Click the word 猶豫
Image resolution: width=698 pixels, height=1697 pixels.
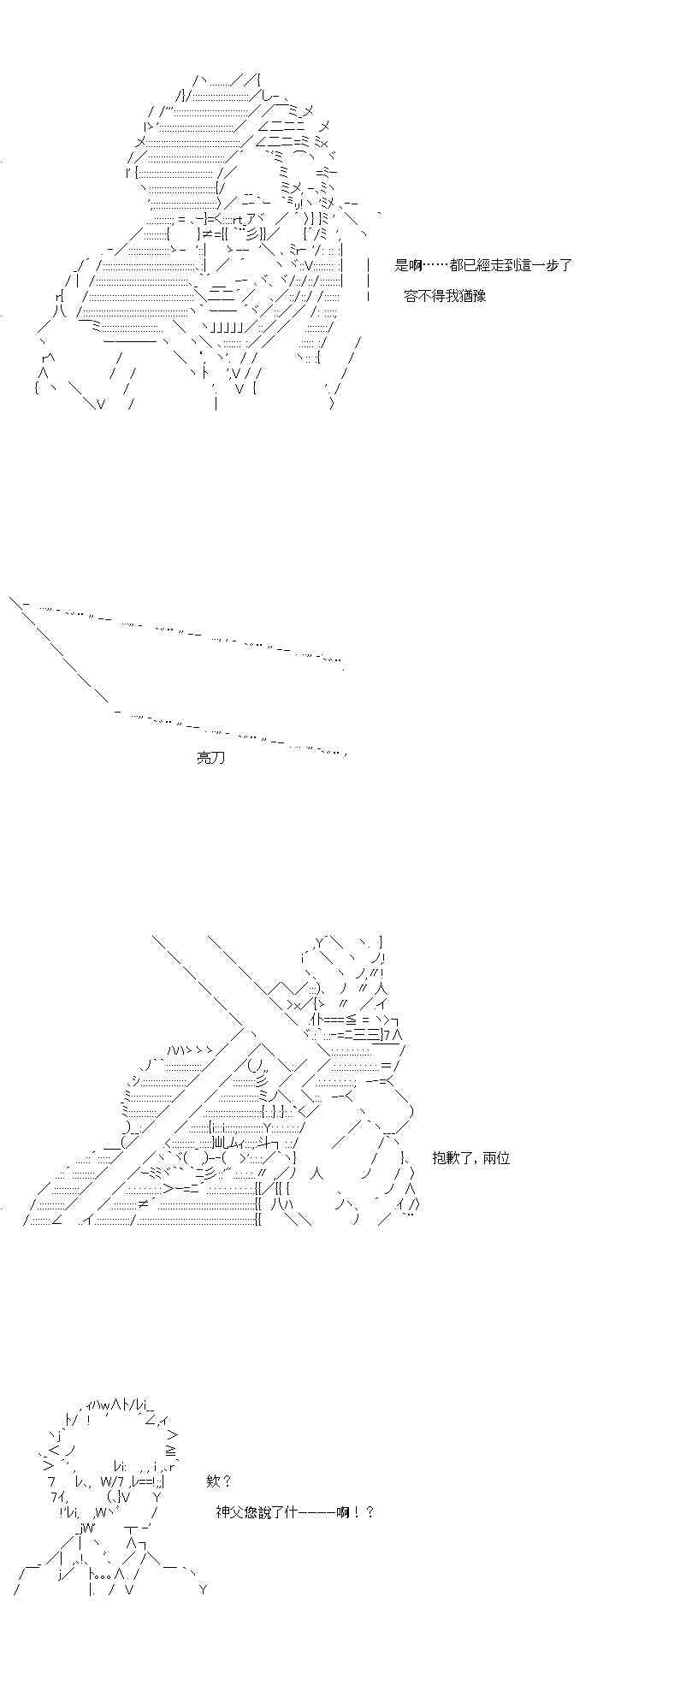[472, 296]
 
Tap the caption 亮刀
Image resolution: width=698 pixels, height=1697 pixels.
[210, 758]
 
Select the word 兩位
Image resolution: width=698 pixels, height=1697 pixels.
[496, 1158]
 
